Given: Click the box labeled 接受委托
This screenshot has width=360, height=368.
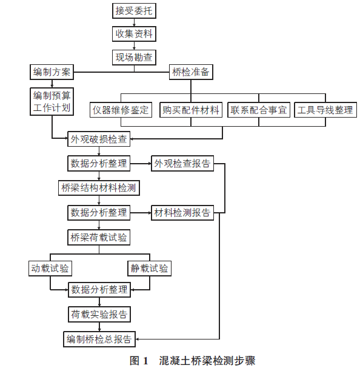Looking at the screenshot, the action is (134, 11).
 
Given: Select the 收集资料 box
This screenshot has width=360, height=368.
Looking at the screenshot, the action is (134, 34).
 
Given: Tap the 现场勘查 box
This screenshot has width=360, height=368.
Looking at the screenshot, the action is (134, 57).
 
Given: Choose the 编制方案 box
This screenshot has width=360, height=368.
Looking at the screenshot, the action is (52, 72).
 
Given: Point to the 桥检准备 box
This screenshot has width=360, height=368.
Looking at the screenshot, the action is (191, 72).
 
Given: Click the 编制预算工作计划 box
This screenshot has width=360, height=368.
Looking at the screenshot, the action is (52, 102).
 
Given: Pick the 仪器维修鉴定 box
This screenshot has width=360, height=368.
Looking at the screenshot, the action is (121, 110).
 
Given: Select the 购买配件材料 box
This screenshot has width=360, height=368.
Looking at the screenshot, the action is (191, 110).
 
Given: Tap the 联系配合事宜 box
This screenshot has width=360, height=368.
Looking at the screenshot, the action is (259, 110).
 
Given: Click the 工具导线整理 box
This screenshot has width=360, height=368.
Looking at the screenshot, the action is (325, 110).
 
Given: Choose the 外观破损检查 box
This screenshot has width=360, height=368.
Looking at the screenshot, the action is (99, 139).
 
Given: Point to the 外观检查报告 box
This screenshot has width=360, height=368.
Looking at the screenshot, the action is (182, 163).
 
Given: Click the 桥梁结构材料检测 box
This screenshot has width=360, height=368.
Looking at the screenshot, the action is (99, 188).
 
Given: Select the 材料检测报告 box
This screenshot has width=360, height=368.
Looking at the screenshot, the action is (182, 213).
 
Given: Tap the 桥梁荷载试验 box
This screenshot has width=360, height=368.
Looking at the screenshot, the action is (99, 238).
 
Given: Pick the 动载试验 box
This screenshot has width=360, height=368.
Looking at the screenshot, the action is (50, 269).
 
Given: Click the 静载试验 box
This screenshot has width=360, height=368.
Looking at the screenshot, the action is (150, 269).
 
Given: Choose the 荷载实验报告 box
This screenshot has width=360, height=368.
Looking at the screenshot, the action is (99, 314).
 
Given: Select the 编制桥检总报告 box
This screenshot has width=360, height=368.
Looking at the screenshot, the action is (99, 339).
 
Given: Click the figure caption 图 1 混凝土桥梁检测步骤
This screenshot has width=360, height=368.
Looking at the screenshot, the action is (193, 361).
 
